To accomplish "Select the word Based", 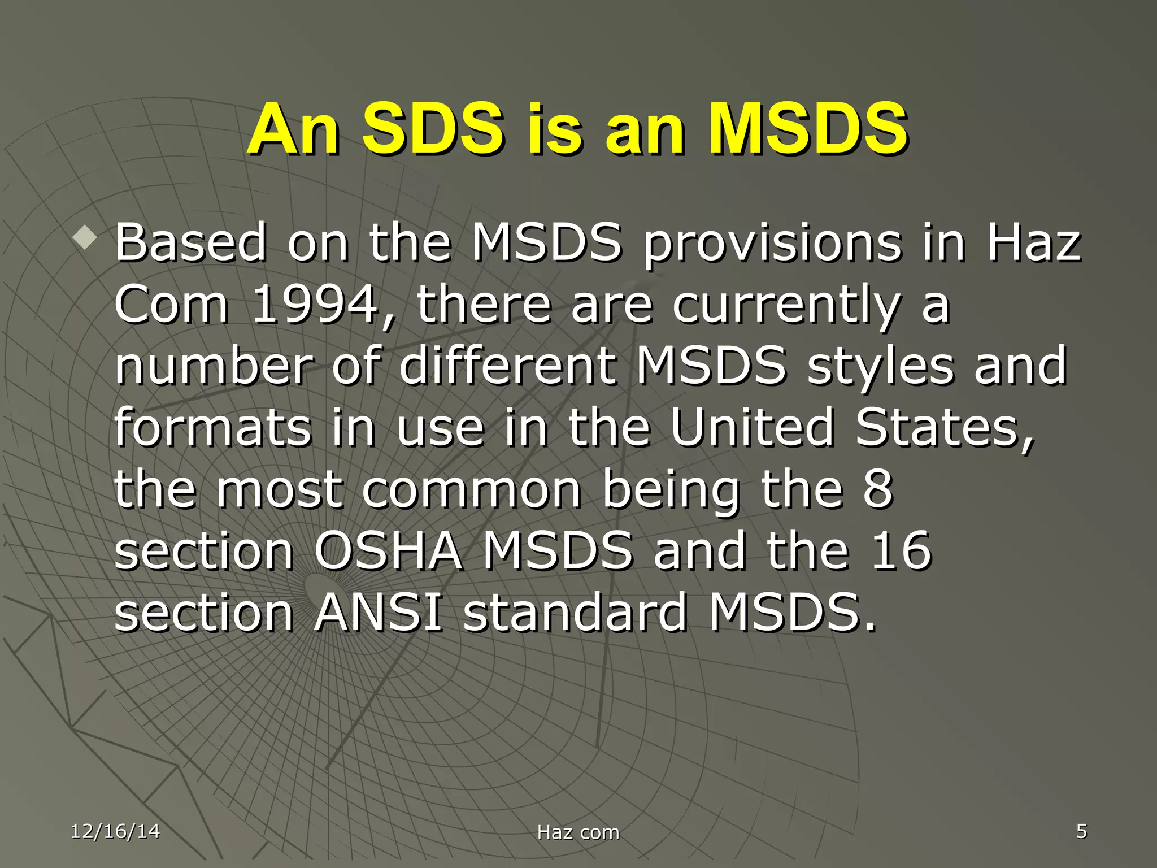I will (190, 243).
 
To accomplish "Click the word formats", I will (212, 427).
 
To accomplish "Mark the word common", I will (472, 489).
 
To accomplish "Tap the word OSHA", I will (388, 550).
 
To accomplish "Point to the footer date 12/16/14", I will (115, 831).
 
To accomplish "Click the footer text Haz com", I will (578, 832).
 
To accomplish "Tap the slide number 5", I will (1081, 831).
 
